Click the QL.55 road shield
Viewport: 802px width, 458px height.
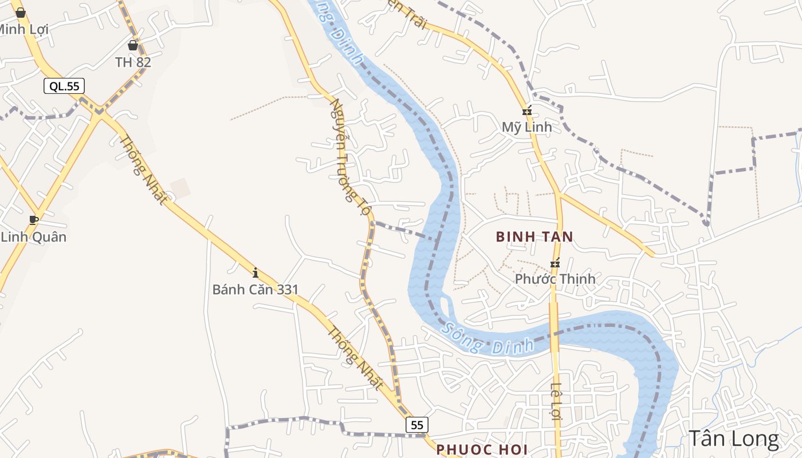(64, 86)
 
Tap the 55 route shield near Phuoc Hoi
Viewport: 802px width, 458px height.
(417, 425)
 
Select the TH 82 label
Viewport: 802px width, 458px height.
(133, 62)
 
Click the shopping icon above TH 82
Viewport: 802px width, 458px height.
(133, 45)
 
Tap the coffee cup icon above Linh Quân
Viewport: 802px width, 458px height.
(34, 220)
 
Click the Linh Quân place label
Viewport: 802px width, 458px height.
(33, 236)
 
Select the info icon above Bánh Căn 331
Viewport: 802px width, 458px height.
(255, 273)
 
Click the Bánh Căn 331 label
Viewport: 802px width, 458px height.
(255, 290)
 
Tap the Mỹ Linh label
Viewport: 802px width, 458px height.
(526, 127)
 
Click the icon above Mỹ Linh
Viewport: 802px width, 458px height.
(526, 110)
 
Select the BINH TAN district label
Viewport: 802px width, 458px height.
(534, 236)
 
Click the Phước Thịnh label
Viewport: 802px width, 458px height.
(555, 279)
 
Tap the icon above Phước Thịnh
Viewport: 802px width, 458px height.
(555, 263)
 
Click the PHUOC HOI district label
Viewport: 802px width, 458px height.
(481, 449)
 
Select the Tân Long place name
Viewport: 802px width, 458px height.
(733, 439)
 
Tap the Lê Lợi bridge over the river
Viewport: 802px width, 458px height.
(554, 335)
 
